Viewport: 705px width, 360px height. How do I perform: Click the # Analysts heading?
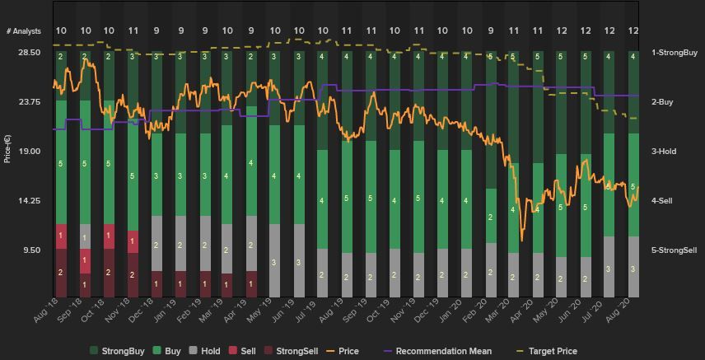pos(23,31)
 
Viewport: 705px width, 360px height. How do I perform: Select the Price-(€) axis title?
pos(8,148)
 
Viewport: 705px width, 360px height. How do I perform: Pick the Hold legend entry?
pos(209,352)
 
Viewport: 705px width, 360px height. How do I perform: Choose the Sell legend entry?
pos(247,352)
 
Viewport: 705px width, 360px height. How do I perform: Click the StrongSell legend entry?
pos(294,352)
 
